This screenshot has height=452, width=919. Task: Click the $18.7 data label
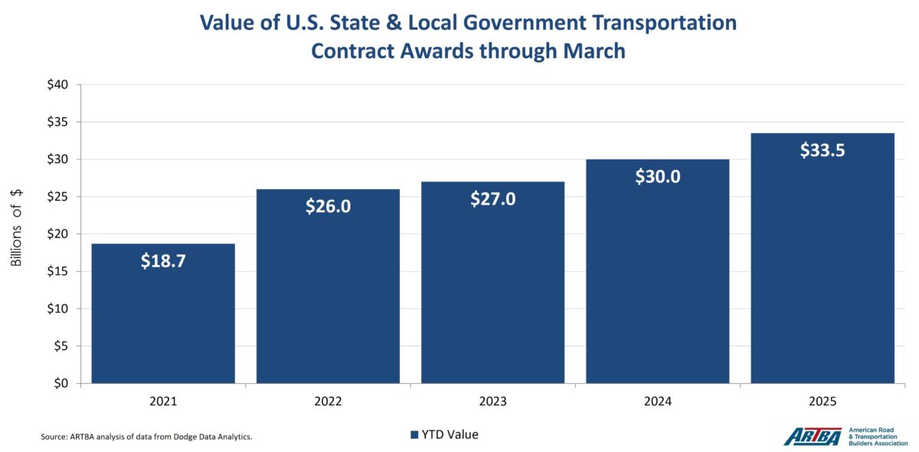[x=163, y=260]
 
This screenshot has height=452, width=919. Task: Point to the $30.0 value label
[x=657, y=176]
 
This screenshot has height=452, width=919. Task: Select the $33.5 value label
[x=823, y=150]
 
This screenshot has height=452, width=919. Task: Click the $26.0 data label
[x=328, y=206]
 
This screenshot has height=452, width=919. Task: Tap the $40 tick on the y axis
[x=58, y=85]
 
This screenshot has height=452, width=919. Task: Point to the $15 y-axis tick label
[x=58, y=271]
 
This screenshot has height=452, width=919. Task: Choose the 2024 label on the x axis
[x=657, y=401]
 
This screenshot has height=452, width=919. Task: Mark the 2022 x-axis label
[x=328, y=401]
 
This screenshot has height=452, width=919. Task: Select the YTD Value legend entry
[x=443, y=434]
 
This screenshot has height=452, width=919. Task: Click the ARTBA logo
[x=812, y=436]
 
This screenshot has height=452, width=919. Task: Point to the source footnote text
[x=146, y=437]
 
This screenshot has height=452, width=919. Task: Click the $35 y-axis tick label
[x=58, y=123]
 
